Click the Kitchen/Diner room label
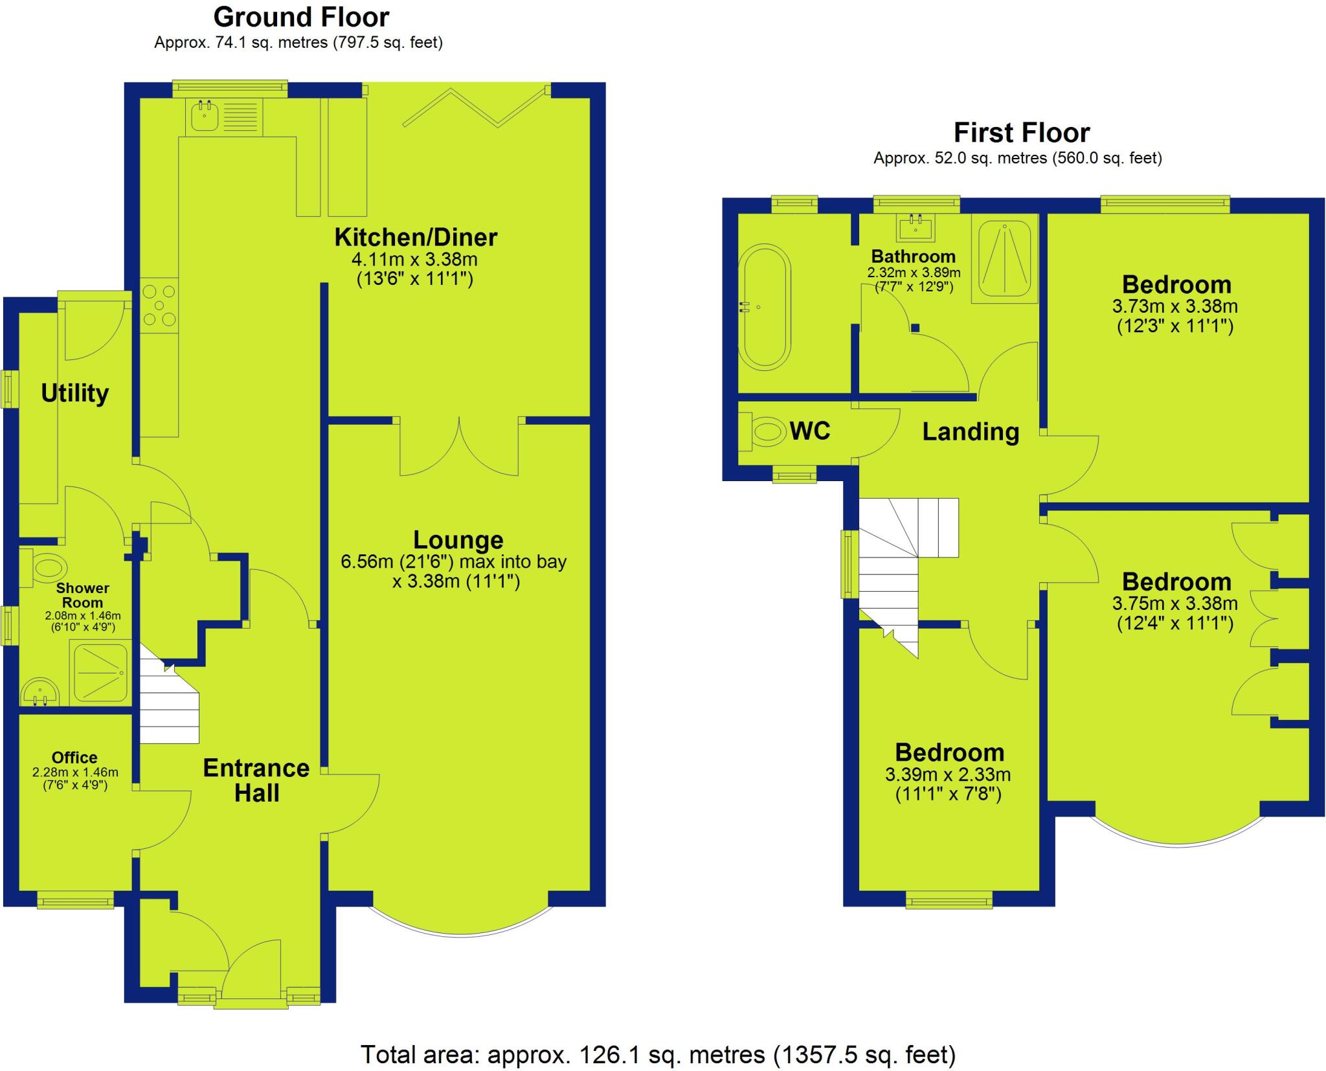(x=415, y=238)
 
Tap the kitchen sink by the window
(x=206, y=117)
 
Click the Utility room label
(x=74, y=393)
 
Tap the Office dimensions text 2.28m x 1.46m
(x=75, y=772)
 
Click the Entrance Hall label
(x=256, y=780)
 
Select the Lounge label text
(x=458, y=539)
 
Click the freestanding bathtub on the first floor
(x=765, y=308)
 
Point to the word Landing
(x=970, y=432)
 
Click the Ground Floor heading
(x=301, y=17)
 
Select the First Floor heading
(x=1021, y=133)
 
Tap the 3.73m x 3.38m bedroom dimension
(x=1175, y=306)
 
